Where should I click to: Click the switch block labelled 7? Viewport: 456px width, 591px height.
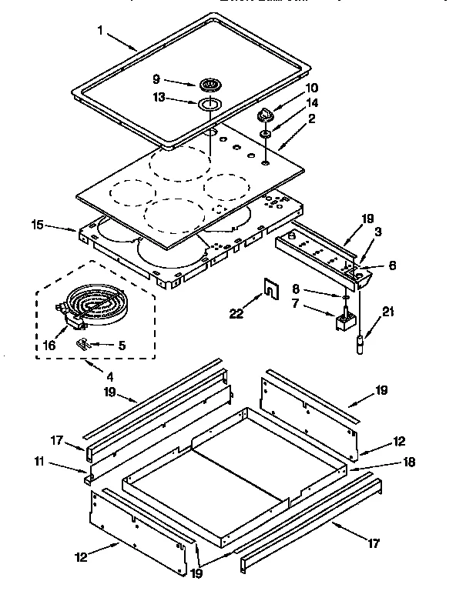coord(343,319)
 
